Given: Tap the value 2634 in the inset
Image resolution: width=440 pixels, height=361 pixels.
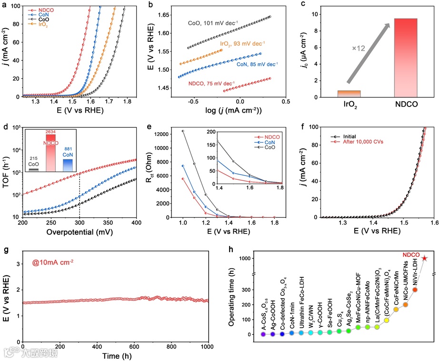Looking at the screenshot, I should pyautogui.click(x=51, y=131).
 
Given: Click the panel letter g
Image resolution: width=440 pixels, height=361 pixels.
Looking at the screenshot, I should pyautogui.click(x=5, y=237).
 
